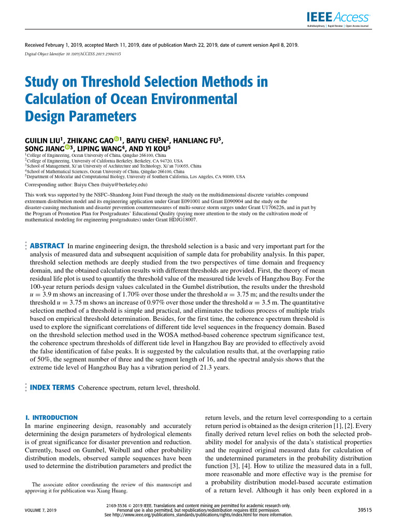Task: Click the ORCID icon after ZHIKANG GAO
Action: (x=117, y=138)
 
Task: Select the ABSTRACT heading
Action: (x=47, y=245)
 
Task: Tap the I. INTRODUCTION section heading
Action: (x=52, y=417)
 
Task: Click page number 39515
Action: (x=362, y=510)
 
